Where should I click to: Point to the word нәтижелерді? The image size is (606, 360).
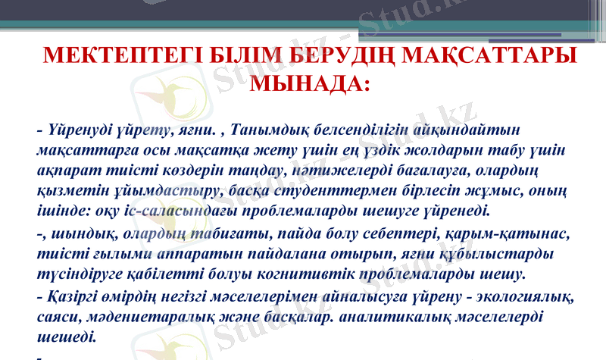(333, 170)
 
